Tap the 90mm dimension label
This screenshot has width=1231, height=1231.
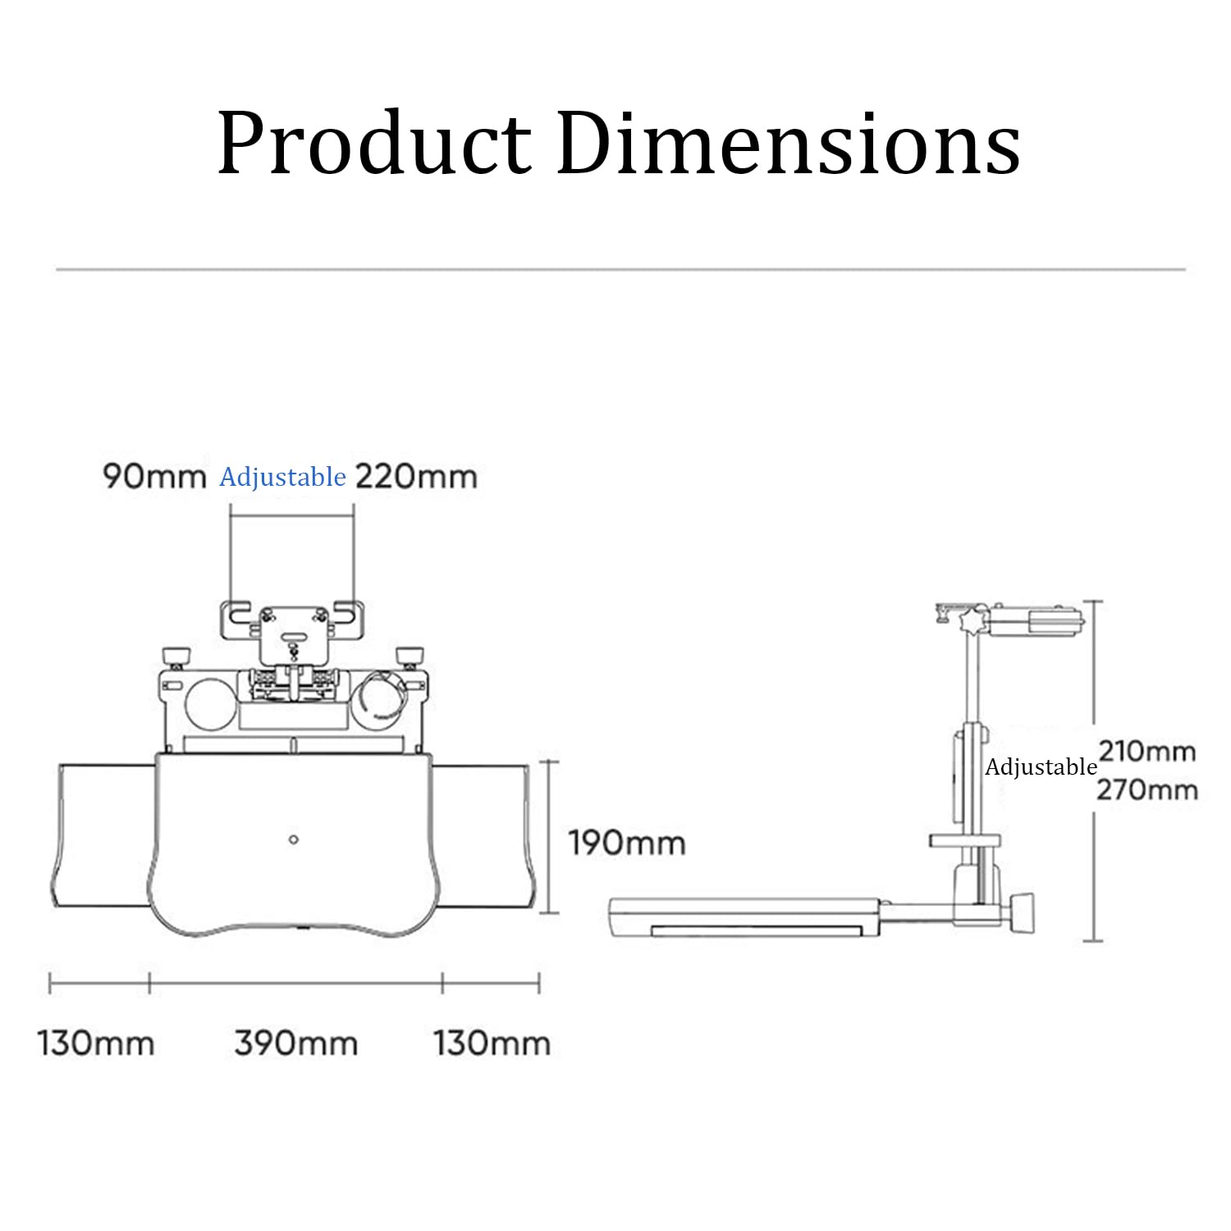[x=154, y=476]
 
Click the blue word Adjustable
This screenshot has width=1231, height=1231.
[x=282, y=478]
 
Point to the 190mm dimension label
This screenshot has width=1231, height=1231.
[x=627, y=843]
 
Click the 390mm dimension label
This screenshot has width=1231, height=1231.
[x=296, y=1043]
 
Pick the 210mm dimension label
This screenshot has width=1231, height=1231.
[x=1147, y=751]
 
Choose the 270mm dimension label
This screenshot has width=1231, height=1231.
[x=1147, y=789]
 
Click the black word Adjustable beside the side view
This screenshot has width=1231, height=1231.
[x=1041, y=768]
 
